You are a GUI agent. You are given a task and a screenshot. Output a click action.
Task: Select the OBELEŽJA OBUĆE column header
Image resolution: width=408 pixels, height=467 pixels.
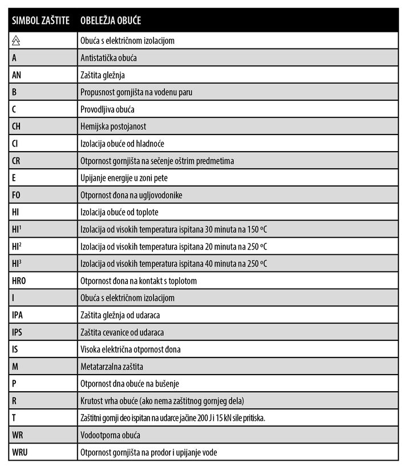[111, 21]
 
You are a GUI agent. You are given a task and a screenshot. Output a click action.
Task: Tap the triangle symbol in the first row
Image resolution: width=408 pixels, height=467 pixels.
[17, 40]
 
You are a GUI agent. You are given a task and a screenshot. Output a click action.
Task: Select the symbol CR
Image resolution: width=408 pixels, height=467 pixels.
[17, 161]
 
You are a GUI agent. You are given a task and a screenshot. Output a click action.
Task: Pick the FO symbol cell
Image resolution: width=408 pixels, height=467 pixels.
[17, 195]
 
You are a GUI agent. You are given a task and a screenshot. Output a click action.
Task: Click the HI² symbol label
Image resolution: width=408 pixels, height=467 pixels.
[17, 246]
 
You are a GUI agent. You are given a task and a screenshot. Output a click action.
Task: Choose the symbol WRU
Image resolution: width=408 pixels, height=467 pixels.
[19, 453]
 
